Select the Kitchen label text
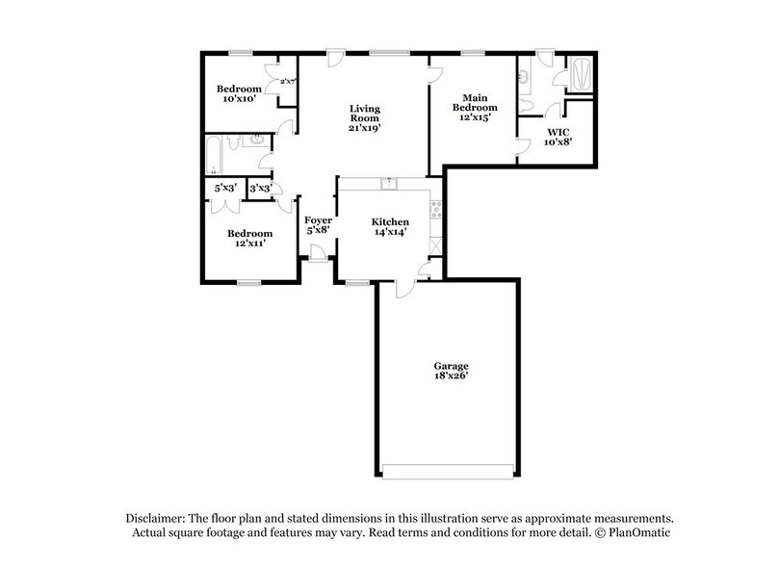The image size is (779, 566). click(391, 222)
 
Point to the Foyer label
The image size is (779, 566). click(318, 222)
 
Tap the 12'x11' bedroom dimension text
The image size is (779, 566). click(248, 244)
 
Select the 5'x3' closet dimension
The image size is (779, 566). click(224, 189)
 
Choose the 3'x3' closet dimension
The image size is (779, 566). click(260, 189)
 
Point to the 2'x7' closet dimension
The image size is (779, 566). click(286, 82)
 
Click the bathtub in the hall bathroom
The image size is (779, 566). click(216, 154)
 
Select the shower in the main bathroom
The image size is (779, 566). click(583, 73)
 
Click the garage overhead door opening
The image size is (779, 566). click(450, 471)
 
